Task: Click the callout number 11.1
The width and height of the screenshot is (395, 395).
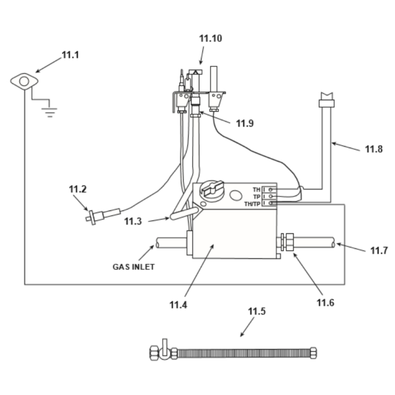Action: tap(70, 55)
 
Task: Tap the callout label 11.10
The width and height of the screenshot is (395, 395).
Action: tap(211, 39)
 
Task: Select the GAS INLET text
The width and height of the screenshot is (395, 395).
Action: tap(134, 267)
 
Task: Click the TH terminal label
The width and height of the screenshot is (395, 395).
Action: tap(256, 190)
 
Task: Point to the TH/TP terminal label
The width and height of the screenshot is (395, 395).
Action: tap(252, 204)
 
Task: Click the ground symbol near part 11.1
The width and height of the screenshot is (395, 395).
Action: tap(50, 112)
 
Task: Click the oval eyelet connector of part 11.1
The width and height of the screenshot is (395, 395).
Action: tap(24, 81)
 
